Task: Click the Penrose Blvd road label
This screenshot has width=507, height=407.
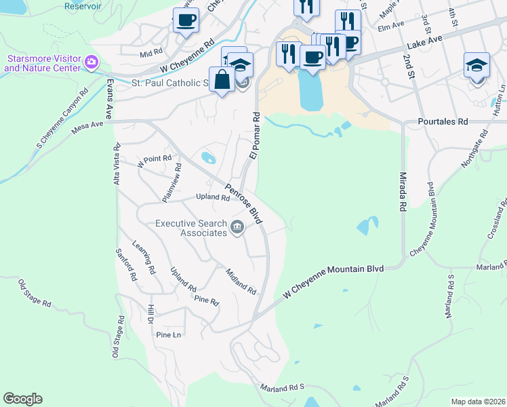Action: coord(243,204)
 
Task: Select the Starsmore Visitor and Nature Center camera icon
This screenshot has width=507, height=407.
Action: coord(92,63)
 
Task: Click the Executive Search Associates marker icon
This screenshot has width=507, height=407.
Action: coord(237,227)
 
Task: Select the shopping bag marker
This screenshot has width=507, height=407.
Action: coord(222,79)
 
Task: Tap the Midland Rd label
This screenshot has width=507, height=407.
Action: coord(241,281)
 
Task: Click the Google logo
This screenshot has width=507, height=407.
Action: coord(22,399)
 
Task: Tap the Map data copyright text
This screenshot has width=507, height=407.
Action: coord(477,402)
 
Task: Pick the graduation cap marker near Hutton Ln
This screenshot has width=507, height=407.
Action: coord(476,65)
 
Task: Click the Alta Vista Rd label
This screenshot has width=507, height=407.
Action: coord(117,163)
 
